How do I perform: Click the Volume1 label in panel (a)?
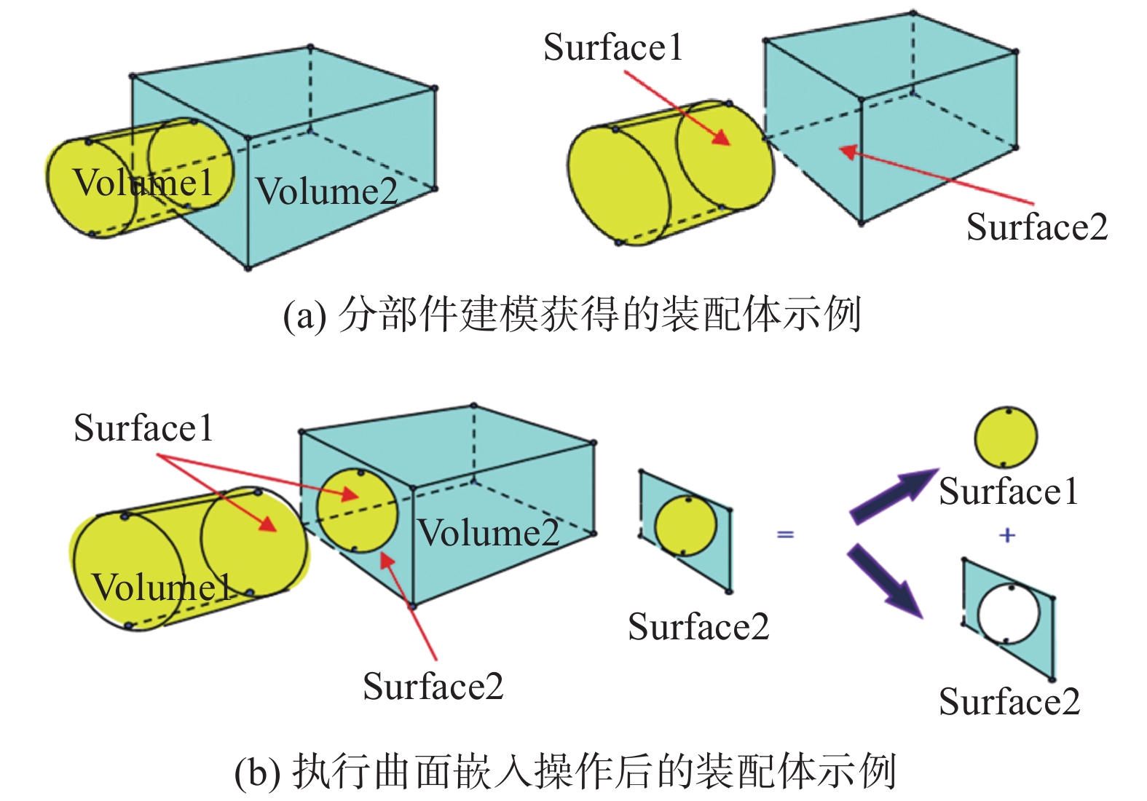coord(143,182)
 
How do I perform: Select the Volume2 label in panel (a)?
coord(327,192)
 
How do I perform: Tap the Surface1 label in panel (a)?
coord(613,48)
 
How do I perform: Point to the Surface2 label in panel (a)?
coord(1036,227)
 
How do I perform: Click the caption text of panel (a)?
coord(572,315)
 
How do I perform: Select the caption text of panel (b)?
coord(565,771)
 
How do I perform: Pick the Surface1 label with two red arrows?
coord(143,428)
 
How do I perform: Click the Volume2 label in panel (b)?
coord(488,533)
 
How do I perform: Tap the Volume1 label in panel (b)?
coord(161,587)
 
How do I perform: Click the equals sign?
coord(785,534)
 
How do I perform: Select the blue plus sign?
coord(1007,535)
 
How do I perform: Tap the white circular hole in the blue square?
coord(1008,613)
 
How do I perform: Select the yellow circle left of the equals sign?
coord(685,526)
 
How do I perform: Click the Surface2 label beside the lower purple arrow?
coord(1009,702)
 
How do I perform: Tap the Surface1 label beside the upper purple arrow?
coord(1008,492)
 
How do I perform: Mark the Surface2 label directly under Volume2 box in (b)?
coord(433,687)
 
